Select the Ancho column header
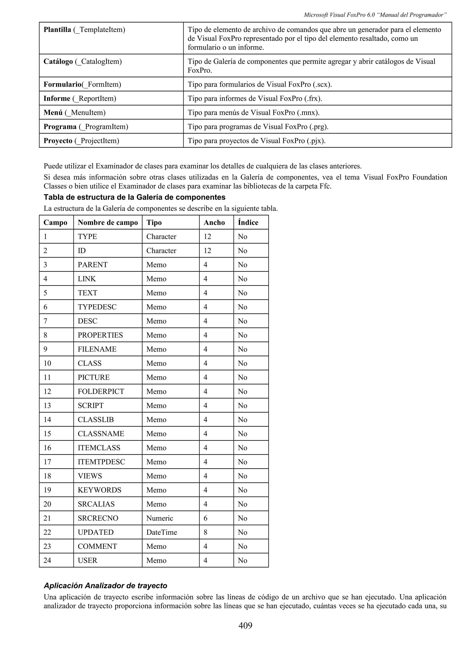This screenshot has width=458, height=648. [x=214, y=222]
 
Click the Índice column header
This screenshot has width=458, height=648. [x=248, y=222]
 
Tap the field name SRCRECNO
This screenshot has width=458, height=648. [x=98, y=518]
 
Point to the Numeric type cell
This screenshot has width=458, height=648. [x=160, y=518]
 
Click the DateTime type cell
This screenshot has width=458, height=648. [x=162, y=532]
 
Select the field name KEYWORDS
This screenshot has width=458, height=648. [x=99, y=490]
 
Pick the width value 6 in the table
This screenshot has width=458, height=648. [x=206, y=518]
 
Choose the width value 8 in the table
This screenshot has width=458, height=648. [x=206, y=532]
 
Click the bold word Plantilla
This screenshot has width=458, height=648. [x=57, y=30]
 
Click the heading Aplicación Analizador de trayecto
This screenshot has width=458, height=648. [x=105, y=586]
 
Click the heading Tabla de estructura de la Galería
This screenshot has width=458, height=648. [x=134, y=197]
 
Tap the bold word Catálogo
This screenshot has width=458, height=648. [x=58, y=61]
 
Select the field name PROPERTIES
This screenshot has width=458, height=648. [x=100, y=335]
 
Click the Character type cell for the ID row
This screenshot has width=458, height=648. [x=161, y=251]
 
